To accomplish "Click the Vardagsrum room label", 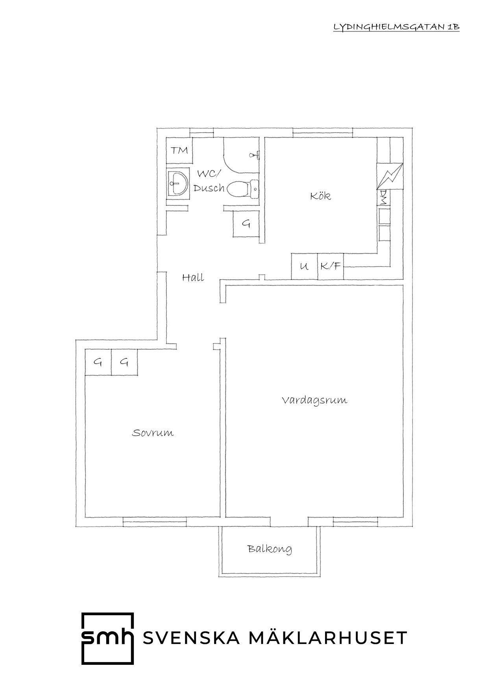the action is (x=314, y=400).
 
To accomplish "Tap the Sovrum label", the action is (x=153, y=433).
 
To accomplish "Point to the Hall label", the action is (x=193, y=277).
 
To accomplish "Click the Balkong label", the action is (x=270, y=549).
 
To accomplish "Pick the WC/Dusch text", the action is (x=209, y=181).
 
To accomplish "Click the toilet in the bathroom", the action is (x=243, y=189).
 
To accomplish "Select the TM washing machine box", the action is (x=179, y=150).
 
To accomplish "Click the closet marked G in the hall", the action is (x=246, y=223).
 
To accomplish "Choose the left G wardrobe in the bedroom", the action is (x=98, y=362).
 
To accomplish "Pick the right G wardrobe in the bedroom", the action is (x=124, y=362).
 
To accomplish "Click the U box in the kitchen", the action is (x=304, y=266).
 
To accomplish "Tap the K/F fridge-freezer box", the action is (x=331, y=266).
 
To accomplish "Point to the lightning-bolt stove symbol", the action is (x=390, y=176).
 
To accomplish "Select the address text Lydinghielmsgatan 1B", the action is (x=396, y=27).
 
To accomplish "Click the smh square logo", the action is (x=107, y=638).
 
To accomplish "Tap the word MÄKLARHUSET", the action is (x=328, y=638).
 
